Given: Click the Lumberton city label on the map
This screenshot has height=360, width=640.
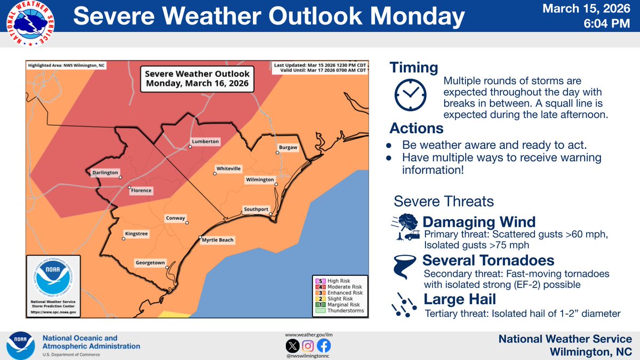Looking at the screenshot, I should (205, 142).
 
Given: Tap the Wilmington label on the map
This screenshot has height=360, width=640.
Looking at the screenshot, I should (260, 180).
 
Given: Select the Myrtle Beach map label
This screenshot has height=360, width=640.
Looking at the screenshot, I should (218, 241).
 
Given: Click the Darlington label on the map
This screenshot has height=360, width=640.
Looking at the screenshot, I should (102, 173).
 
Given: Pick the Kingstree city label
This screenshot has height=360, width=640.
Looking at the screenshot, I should (136, 234).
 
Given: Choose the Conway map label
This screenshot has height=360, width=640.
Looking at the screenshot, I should (175, 218).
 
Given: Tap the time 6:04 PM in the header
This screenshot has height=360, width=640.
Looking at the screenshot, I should (609, 24).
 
